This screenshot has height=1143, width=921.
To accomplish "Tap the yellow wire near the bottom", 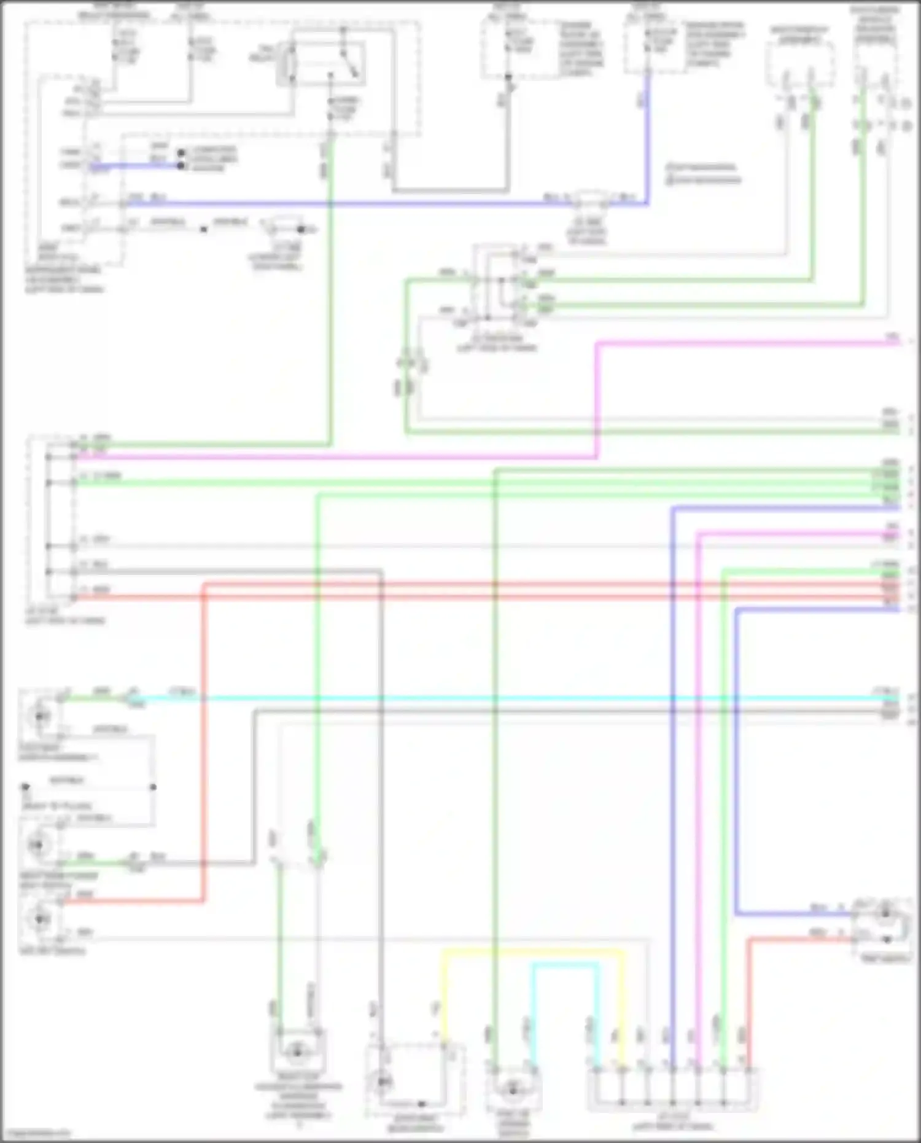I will coord(534,951).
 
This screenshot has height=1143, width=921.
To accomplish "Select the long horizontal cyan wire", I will coord(491,698).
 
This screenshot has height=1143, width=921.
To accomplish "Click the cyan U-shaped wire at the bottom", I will coord(565,965).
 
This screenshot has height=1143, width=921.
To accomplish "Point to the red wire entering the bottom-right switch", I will coord(798,938).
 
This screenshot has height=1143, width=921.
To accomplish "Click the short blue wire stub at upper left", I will coord(135,165).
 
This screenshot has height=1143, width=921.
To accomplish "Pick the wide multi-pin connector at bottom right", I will coord(674,1090).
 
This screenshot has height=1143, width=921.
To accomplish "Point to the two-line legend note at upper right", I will coord(704,174).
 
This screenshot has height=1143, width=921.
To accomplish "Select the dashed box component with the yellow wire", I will coord(414,1082).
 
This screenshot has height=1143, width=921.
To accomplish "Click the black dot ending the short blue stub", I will coord(181,166).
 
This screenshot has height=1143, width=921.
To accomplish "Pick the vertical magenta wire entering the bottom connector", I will coord(699,798).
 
